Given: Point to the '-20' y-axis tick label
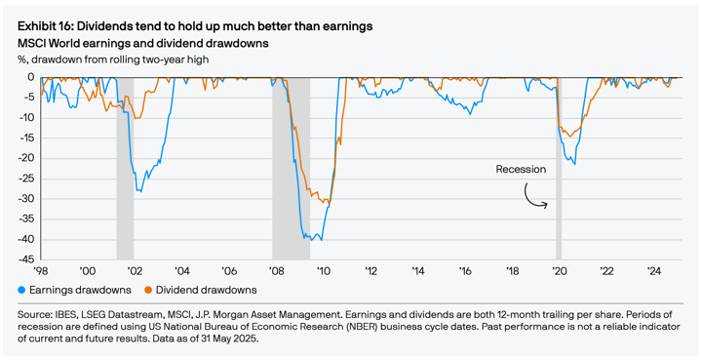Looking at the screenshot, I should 25,158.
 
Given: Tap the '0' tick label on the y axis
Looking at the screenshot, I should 31,77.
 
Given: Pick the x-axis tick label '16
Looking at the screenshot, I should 464,271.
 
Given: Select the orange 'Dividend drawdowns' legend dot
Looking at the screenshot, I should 148,290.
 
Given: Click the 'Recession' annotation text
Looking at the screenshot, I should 521,169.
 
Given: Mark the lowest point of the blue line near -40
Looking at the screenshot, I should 320,239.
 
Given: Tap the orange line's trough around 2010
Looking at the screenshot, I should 327,205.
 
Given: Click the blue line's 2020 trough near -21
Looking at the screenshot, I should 574,163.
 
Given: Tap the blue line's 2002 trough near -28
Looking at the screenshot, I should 140,190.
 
